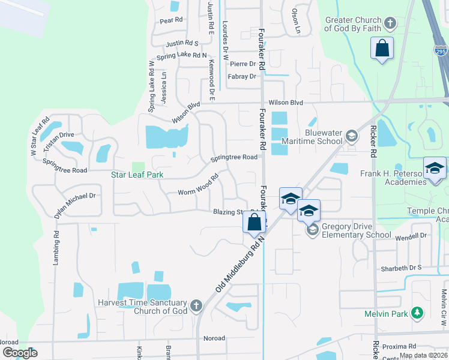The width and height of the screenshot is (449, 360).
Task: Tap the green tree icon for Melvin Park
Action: [417, 313]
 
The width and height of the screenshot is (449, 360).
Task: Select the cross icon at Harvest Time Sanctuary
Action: [195, 307]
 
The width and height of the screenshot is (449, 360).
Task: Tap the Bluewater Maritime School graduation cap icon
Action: [351, 136]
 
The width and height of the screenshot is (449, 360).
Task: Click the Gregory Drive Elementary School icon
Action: [312, 230]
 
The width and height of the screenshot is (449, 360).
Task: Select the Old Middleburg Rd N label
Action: [240, 265]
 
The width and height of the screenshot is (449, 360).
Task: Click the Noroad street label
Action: [214, 338]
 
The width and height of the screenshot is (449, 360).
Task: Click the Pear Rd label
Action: [171, 20]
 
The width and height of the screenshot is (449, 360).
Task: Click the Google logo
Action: [19, 352]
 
